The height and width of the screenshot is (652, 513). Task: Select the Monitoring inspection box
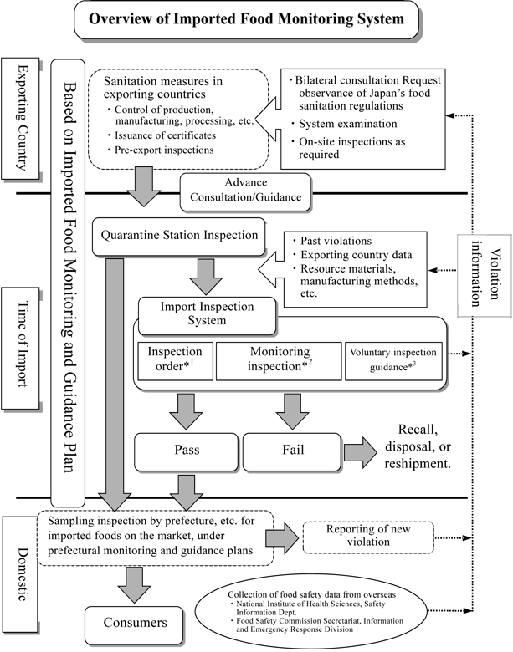click(279, 359)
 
